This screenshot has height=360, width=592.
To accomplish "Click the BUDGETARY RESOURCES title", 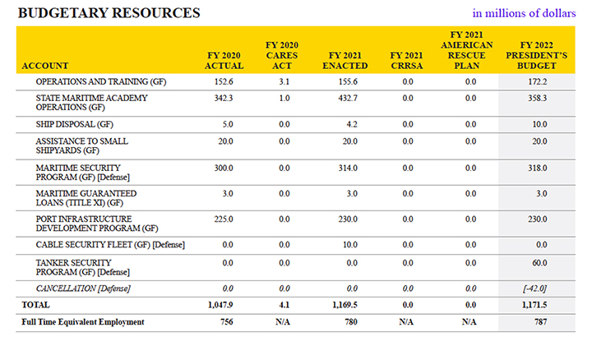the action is click(109, 13).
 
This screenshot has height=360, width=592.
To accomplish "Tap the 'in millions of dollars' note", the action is click(524, 13).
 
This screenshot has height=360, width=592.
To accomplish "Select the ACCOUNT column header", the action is click(45, 66).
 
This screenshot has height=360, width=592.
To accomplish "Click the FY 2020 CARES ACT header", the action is click(282, 55).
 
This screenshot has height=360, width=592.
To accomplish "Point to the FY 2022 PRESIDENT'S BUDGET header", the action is click(536, 55).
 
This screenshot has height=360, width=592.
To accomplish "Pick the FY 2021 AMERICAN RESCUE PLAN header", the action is click(467, 50).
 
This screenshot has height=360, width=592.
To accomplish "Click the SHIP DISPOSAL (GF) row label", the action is click(74, 124).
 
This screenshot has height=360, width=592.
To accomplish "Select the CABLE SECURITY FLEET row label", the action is click(110, 245).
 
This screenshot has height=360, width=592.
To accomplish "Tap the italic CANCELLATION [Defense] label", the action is click(83, 288).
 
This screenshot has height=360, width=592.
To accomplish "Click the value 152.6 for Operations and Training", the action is click(224, 81).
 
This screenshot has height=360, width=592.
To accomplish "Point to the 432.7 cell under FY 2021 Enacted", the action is click(348, 98).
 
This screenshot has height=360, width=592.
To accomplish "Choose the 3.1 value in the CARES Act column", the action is click(284, 81).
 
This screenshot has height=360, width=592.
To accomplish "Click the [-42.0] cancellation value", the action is click(534, 288).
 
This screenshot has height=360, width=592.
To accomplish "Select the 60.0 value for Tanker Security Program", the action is click(539, 263).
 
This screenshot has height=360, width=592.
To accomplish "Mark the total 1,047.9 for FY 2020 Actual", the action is click(220, 305).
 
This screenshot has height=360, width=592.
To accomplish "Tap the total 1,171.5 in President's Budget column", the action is click(534, 305).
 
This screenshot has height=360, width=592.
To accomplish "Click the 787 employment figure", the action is click(540, 321).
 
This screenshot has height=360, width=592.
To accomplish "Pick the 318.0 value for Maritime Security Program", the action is click(537, 168).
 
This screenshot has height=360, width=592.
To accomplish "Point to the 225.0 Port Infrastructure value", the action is click(224, 219).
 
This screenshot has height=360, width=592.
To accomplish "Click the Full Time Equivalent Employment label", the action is click(83, 322).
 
